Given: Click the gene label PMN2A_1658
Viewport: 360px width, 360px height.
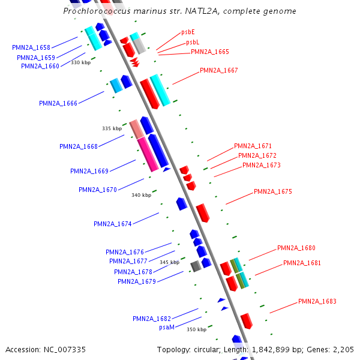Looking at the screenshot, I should click(x=31, y=47).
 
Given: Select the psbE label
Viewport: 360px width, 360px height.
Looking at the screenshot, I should click(x=188, y=32).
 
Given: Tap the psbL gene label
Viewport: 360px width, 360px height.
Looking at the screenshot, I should click(x=192, y=42).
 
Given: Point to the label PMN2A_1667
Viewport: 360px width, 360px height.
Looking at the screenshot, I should click(x=218, y=70).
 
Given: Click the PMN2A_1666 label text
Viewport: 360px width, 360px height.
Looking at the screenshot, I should click(x=58, y=103).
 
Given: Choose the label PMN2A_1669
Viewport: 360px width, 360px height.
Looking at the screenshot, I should click(x=89, y=171).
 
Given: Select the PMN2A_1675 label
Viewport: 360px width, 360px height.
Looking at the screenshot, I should click(x=272, y=192).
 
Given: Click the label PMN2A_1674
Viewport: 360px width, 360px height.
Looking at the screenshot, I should click(x=112, y=224).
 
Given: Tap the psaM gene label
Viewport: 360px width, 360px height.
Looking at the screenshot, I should click(x=167, y=328).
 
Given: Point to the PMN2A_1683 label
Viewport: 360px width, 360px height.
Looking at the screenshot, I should click(x=317, y=301).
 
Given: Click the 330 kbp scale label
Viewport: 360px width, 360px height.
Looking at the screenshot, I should click(x=80, y=62).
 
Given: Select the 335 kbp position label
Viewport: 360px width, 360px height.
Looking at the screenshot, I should click(x=112, y=128).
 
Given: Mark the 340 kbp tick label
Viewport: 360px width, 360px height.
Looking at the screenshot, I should click(x=141, y=195).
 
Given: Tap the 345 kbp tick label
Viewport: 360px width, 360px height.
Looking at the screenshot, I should click(x=169, y=262).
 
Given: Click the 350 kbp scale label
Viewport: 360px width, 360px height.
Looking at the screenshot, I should click(x=196, y=329).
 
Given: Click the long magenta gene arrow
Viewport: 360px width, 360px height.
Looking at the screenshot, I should click(x=148, y=155).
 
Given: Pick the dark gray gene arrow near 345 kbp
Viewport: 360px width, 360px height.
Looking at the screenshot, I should click(x=196, y=266).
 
